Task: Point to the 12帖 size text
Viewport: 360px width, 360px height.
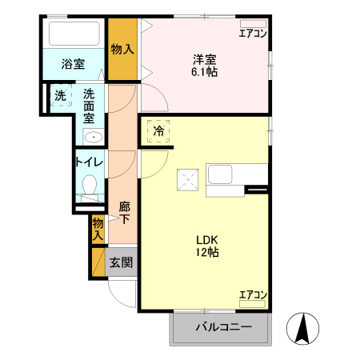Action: pyautogui.click(x=207, y=252)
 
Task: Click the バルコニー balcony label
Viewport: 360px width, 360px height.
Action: pyautogui.click(x=223, y=328)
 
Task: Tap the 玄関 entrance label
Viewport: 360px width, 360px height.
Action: pyautogui.click(x=121, y=262)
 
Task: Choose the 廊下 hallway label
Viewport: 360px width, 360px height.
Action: pyautogui.click(x=124, y=213)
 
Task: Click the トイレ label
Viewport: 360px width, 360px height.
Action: pyautogui.click(x=88, y=162)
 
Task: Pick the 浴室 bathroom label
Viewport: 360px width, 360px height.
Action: pyautogui.click(x=74, y=64)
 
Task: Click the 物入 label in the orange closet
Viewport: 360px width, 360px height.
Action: pyautogui.click(x=122, y=50)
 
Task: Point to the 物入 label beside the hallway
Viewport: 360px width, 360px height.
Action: pyautogui.click(x=98, y=230)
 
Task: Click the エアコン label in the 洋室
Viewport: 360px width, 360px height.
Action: pyautogui.click(x=253, y=33)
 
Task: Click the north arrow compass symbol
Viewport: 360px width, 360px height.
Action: pyautogui.click(x=304, y=328)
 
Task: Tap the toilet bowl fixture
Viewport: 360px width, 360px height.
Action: pyautogui.click(x=90, y=189)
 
